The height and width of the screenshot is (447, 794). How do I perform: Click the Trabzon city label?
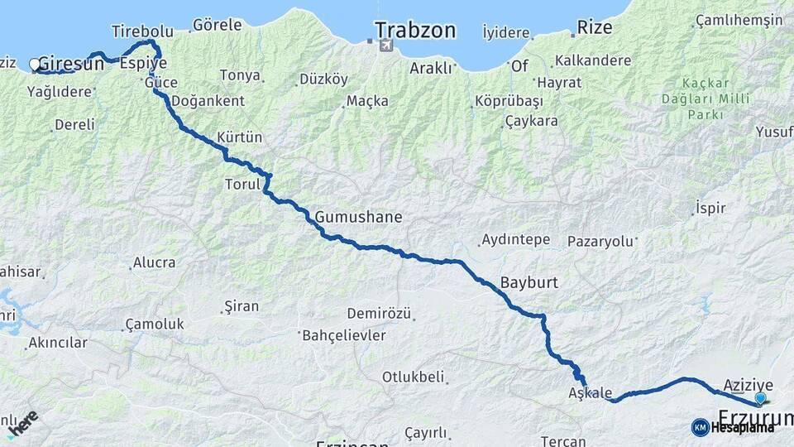tap(415, 31)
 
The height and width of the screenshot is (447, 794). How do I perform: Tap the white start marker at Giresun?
tap(35, 64)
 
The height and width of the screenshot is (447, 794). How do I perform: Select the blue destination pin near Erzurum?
tap(760, 398)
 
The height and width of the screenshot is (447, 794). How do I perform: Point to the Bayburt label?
tap(529, 282)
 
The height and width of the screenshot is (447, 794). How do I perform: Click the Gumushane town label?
tap(358, 218)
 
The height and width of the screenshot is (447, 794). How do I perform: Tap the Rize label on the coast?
tap(595, 27)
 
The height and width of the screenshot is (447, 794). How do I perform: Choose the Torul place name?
tap(242, 184)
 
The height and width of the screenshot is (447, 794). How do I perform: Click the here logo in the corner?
tap(22, 424)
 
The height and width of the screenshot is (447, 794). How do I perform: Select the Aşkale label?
tap(591, 392)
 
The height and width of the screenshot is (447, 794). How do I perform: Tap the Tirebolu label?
tap(142, 31)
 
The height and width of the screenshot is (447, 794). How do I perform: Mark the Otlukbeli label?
tap(413, 377)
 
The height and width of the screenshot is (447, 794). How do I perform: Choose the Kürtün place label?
tap(239, 137)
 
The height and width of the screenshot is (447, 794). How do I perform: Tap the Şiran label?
tap(242, 306)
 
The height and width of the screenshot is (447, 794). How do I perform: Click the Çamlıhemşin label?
tap(739, 21)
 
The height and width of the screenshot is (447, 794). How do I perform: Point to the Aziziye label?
tap(748, 384)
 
